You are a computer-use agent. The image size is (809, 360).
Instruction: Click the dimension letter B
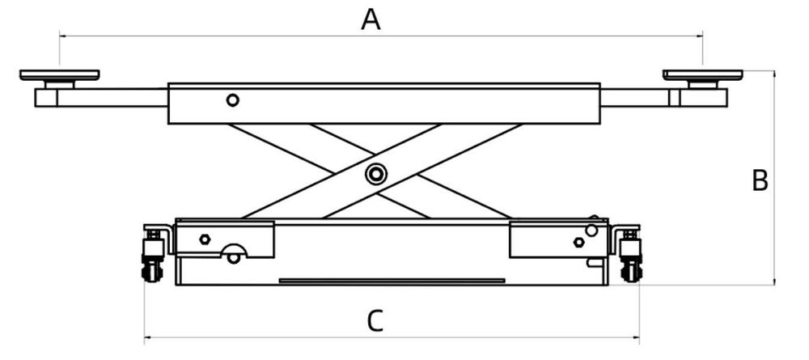[x=760, y=180]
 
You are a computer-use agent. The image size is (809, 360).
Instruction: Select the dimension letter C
[x=373, y=321]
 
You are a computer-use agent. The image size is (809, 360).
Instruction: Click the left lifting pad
[x=59, y=75]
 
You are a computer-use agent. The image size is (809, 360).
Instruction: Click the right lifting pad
[x=702, y=75]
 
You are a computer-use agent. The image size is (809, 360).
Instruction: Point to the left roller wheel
[x=152, y=269]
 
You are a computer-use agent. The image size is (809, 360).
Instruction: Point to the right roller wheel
[x=630, y=269]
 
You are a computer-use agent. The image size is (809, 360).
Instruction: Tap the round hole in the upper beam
[x=233, y=100]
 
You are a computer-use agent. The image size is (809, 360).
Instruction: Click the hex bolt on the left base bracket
[x=205, y=239]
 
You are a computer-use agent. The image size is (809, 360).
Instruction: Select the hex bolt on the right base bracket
[x=578, y=242]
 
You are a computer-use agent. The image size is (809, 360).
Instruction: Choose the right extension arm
[x=635, y=97]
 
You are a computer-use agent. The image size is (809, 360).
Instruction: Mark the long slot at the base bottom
[x=392, y=281]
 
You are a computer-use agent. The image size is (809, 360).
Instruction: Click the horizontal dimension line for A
[x=243, y=36]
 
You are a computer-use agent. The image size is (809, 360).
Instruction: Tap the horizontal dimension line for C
[x=243, y=337]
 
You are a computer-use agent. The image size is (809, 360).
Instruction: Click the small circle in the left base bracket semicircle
[x=233, y=258]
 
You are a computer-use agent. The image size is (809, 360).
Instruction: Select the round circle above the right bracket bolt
[x=591, y=231]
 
